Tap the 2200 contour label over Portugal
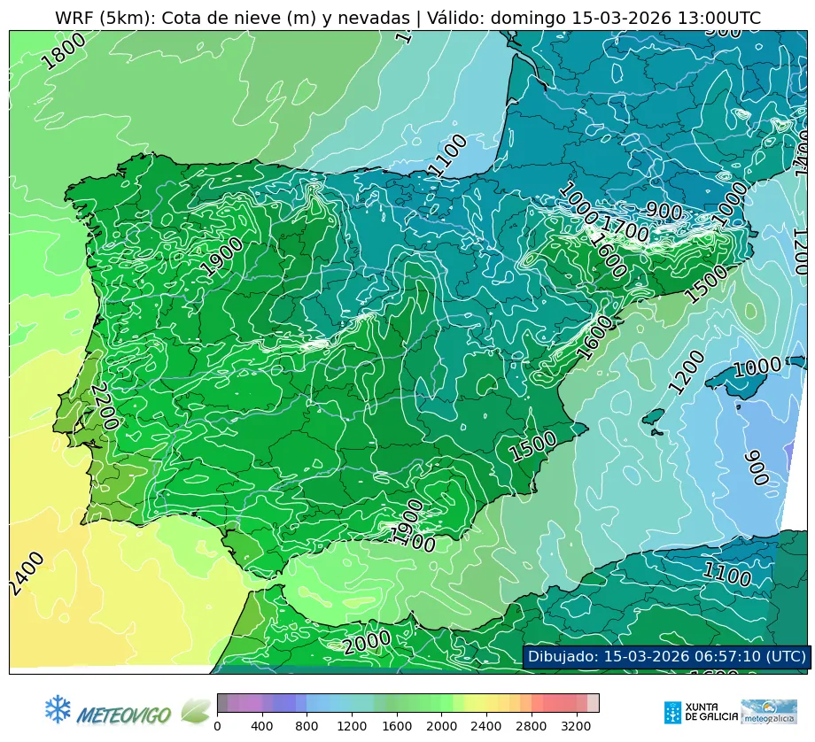coord(105,406)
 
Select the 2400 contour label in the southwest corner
coord(27,573)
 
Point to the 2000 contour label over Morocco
coord(367,642)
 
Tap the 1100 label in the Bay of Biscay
coord(447,156)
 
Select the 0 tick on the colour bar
coord(217,726)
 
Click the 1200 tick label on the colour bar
coord(352,726)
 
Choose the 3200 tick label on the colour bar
coord(576,726)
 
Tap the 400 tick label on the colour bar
coord(261,726)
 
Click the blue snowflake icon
coord(58,708)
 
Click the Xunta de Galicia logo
coord(697,712)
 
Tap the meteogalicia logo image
coord(768,712)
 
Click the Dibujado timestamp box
coord(666,656)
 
